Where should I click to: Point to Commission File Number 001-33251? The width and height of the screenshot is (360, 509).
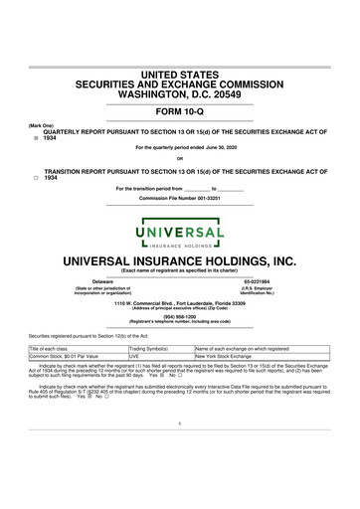(x=180, y=199)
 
